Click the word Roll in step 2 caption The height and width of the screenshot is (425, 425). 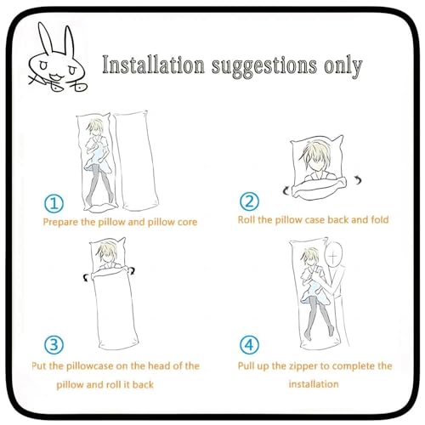(252, 220)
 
